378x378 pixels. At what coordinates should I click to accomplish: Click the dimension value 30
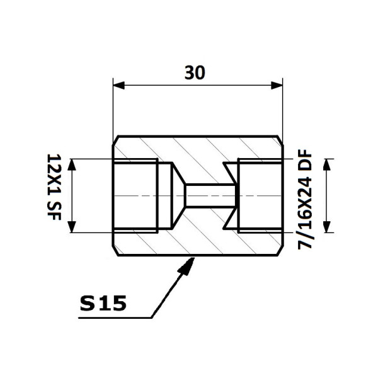tap(195, 72)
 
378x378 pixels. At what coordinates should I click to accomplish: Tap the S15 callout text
tap(103, 303)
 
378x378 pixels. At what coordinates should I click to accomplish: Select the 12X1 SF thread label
tap(54, 187)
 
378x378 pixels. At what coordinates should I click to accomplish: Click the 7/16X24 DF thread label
tap(305, 199)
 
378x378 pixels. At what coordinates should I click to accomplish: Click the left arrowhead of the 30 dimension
tap(119, 85)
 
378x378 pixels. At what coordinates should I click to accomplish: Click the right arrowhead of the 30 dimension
tap(277, 85)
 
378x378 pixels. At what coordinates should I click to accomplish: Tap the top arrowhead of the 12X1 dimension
tap(72, 164)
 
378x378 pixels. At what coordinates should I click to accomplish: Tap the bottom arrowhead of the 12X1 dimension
tap(72, 227)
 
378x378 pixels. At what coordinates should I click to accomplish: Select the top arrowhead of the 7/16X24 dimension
tap(326, 164)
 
